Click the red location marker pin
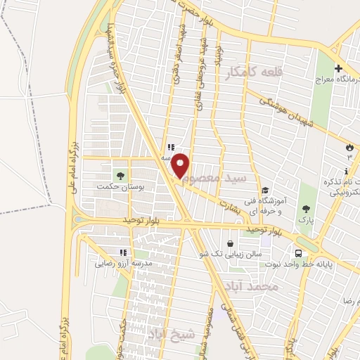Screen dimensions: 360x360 (x=181, y=165)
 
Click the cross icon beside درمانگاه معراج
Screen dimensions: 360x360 (x=338, y=69)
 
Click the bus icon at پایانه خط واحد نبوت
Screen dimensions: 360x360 (x=299, y=253)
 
